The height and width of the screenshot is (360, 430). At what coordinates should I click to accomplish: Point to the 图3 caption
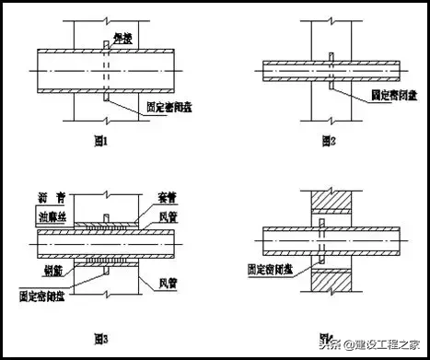98,341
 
